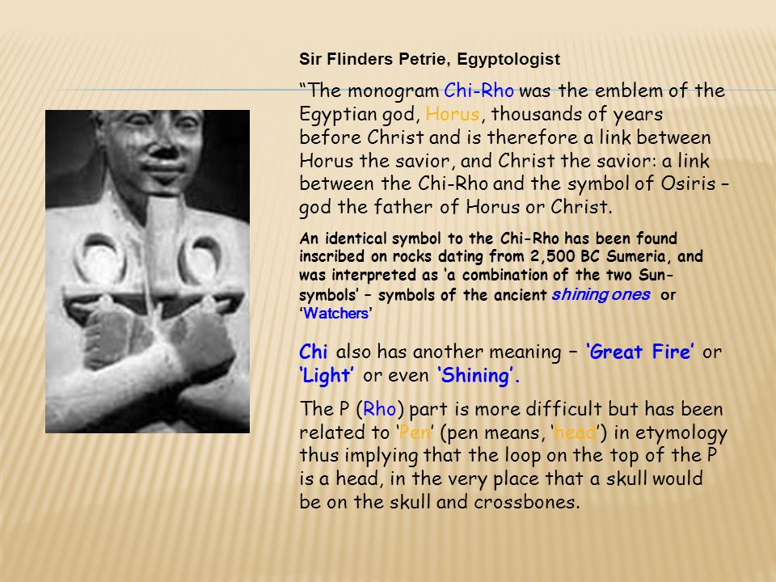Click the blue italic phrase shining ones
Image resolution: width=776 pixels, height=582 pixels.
pos(601,295)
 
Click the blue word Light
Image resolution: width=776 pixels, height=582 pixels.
pos(328,376)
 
